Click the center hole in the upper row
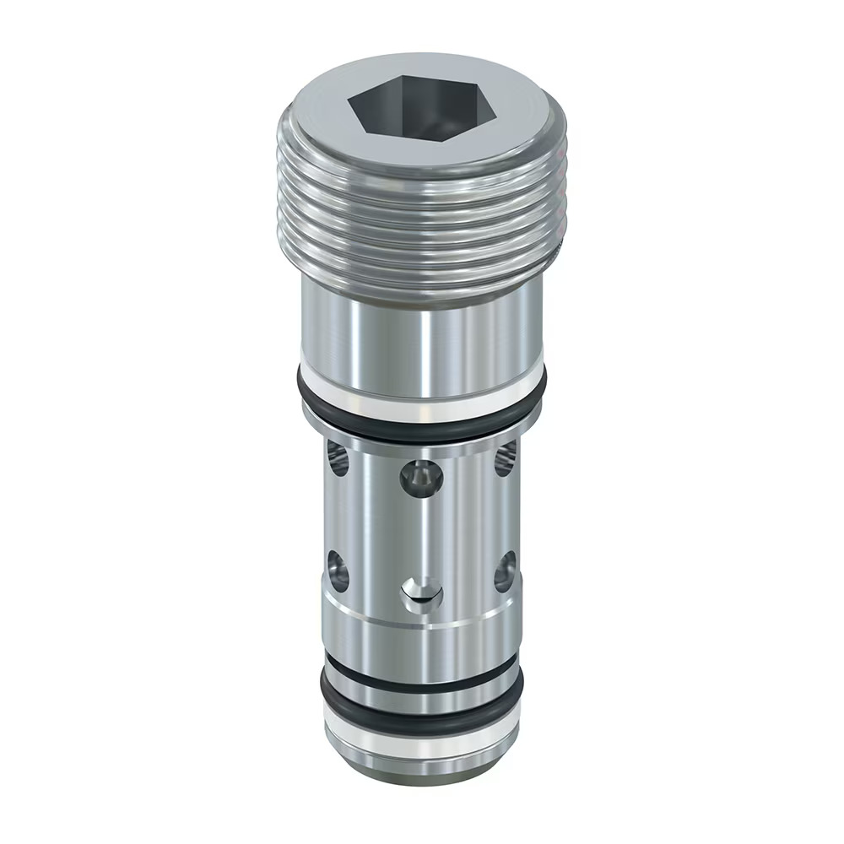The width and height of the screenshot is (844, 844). click(x=420, y=478)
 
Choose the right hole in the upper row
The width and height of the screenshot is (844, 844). click(x=505, y=460)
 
